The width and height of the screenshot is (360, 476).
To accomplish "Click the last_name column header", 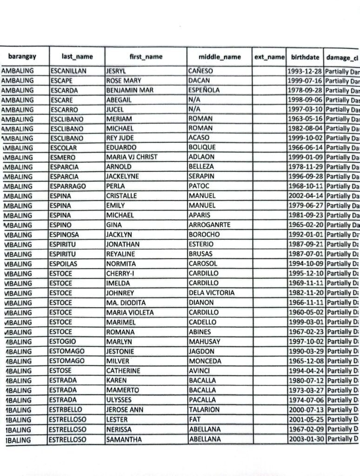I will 77,57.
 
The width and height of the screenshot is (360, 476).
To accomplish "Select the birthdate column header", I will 305,57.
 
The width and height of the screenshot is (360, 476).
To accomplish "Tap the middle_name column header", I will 220,57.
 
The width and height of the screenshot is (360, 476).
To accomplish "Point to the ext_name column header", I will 269,57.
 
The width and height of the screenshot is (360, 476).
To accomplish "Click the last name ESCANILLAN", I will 68,71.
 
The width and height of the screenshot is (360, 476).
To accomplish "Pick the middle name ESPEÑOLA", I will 204,90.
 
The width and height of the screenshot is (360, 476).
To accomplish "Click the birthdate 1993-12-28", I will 305,71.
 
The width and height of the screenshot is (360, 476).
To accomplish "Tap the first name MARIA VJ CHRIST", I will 132,157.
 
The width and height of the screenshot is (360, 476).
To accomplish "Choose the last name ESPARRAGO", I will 68,186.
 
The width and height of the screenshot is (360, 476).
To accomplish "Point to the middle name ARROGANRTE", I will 209,225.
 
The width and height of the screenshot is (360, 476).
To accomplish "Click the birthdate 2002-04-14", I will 305,196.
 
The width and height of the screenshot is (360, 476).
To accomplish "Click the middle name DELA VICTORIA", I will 212,293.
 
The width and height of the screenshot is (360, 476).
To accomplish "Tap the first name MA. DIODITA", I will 126,303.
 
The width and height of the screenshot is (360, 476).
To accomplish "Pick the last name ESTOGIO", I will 62,341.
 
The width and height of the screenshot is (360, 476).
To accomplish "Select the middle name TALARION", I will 204,410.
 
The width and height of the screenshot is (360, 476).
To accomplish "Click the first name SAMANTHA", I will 124,439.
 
